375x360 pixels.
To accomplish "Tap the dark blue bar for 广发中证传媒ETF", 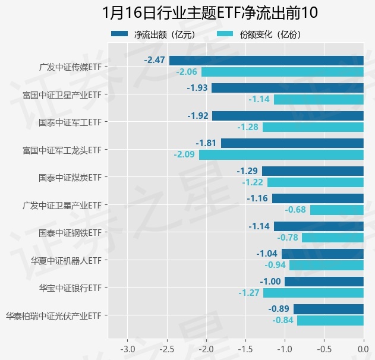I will [x=266, y=60].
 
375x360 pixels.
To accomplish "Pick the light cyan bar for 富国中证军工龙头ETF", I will [x=281, y=155].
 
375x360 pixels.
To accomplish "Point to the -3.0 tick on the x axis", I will [x=128, y=347].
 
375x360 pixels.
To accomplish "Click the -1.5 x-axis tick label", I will [x=245, y=347].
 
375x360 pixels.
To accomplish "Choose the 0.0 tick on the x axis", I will [x=363, y=347].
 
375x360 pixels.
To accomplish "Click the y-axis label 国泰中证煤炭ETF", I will [x=70, y=177].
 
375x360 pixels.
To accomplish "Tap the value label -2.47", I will [x=155, y=60].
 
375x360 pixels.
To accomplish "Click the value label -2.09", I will [x=184, y=155].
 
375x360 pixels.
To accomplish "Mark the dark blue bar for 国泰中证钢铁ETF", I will [x=319, y=226].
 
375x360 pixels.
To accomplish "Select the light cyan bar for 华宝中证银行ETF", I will [x=313, y=293].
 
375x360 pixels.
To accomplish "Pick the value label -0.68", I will [x=295, y=210].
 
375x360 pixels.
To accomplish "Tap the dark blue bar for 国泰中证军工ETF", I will [x=288, y=115].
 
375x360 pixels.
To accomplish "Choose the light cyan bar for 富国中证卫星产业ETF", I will [x=319, y=99].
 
